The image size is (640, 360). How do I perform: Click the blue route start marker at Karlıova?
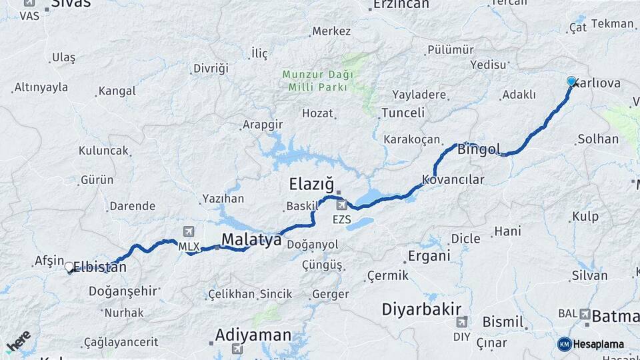coord(571,81)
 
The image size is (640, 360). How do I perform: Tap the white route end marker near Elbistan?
coord(69,267)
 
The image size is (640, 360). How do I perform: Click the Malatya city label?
coord(251,239)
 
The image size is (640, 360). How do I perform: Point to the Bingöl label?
coord(479,149)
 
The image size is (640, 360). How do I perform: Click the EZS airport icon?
coord(341,205)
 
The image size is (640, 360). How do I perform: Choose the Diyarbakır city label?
coord(422,309)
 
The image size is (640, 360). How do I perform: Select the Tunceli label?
coord(403,113)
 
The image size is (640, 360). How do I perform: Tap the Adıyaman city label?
coord(253,335)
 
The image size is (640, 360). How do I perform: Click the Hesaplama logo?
coord(591,344)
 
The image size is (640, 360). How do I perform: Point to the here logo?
coord(18,341)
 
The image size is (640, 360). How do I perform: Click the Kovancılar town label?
coord(453,180)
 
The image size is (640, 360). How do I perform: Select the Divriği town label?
coord(211,68)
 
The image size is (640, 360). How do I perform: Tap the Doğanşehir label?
coord(123,291)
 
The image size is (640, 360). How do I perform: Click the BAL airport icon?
coord(585,313)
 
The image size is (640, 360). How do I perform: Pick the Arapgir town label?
coord(263,125)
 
